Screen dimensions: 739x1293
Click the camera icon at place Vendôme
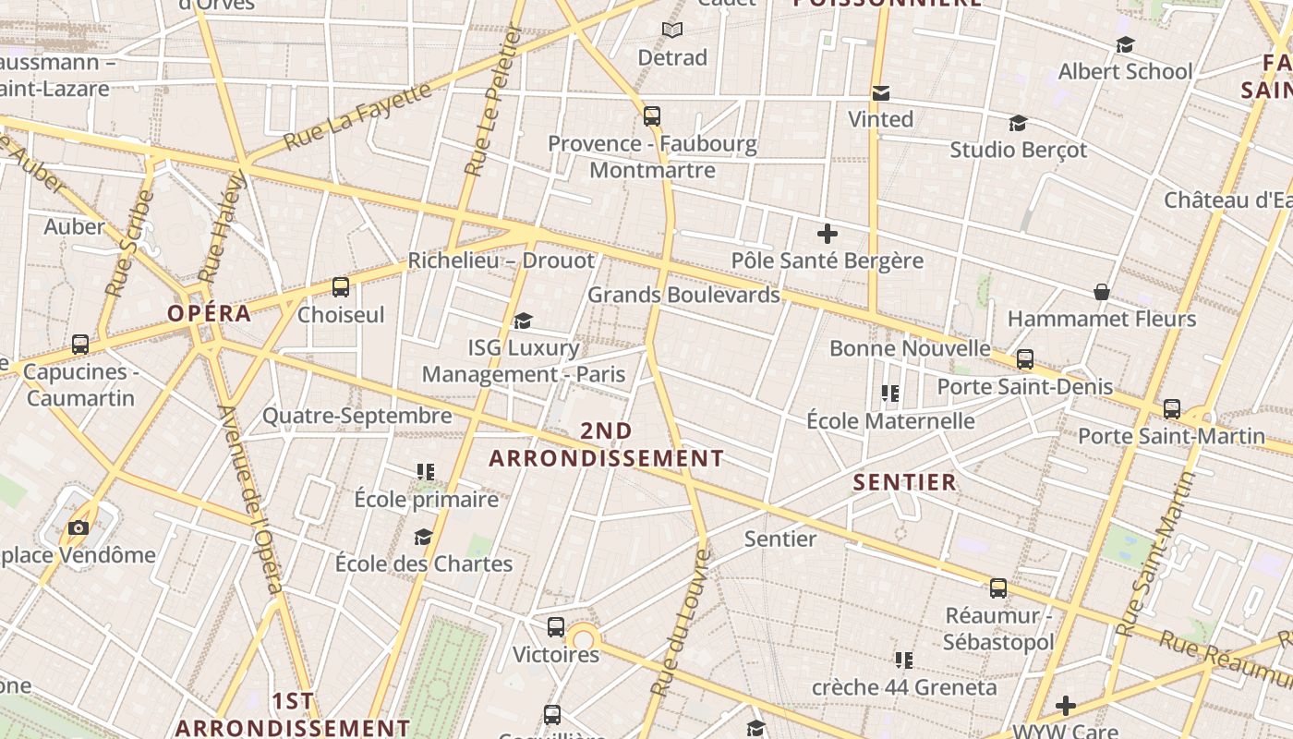click(x=79, y=527)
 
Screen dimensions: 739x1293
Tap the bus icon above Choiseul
click(x=341, y=287)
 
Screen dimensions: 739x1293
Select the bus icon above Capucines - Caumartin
click(x=80, y=345)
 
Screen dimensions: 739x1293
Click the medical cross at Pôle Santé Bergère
click(x=828, y=234)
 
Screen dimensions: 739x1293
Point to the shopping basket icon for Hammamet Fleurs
click(x=1102, y=292)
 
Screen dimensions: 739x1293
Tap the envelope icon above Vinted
click(x=881, y=92)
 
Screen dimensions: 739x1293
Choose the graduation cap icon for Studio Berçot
click(x=1018, y=123)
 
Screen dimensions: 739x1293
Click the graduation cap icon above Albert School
click(x=1125, y=44)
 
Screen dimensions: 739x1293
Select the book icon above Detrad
click(x=672, y=30)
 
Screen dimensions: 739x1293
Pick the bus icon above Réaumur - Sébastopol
click(x=998, y=588)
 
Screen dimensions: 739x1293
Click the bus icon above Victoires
click(x=556, y=627)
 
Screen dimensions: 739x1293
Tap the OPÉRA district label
click(x=210, y=313)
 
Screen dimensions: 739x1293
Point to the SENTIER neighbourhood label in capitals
click(x=904, y=482)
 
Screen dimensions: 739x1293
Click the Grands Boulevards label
click(x=683, y=295)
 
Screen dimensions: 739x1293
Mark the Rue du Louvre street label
click(x=680, y=624)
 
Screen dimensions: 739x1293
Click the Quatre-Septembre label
click(x=357, y=416)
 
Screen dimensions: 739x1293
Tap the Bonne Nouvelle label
click(x=910, y=348)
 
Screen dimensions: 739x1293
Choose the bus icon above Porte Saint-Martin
click(x=1172, y=408)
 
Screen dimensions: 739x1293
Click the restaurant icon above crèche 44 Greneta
click(x=904, y=660)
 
